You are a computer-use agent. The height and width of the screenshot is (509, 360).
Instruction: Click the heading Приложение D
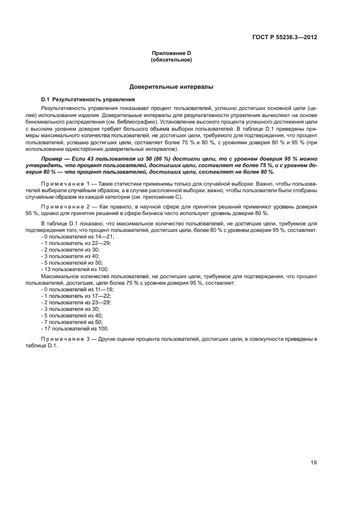(x=171, y=53)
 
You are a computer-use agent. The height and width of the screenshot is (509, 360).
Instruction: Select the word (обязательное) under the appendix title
(x=171, y=60)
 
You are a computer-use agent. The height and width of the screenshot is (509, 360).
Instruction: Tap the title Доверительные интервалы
(x=171, y=87)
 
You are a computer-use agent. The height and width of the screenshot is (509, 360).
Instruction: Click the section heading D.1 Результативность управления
(x=84, y=100)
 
